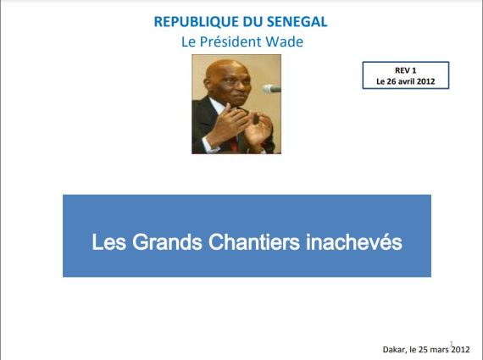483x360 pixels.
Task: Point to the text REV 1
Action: [x=405, y=70]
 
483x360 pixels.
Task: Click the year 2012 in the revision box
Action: [x=425, y=81]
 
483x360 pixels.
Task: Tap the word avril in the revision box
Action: [x=406, y=81]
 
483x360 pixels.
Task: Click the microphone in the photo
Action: [x=272, y=89]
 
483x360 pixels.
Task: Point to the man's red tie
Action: [x=235, y=144]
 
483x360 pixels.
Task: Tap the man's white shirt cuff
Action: [x=208, y=145]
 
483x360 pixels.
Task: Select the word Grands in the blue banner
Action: [x=167, y=242]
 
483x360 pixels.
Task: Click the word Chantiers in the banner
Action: [x=254, y=242]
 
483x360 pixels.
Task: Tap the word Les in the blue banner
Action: [x=109, y=242]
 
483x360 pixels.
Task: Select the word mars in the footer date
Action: [x=440, y=350]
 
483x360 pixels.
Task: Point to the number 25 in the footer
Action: [x=423, y=350]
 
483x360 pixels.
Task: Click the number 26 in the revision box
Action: [x=391, y=81]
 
